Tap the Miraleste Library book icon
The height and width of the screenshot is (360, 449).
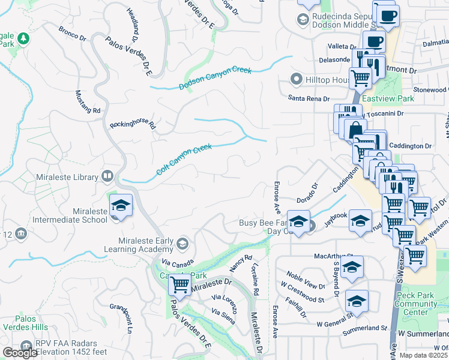click(107, 176)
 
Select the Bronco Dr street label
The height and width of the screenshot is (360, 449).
click(73, 33)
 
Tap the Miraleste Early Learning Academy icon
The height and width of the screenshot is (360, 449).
click(182, 243)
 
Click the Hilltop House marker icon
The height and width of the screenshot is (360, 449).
click(295, 79)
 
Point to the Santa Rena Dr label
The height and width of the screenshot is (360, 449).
click(309, 98)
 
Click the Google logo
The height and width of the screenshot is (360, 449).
click(20, 353)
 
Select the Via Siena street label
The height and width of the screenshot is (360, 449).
click(223, 316)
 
